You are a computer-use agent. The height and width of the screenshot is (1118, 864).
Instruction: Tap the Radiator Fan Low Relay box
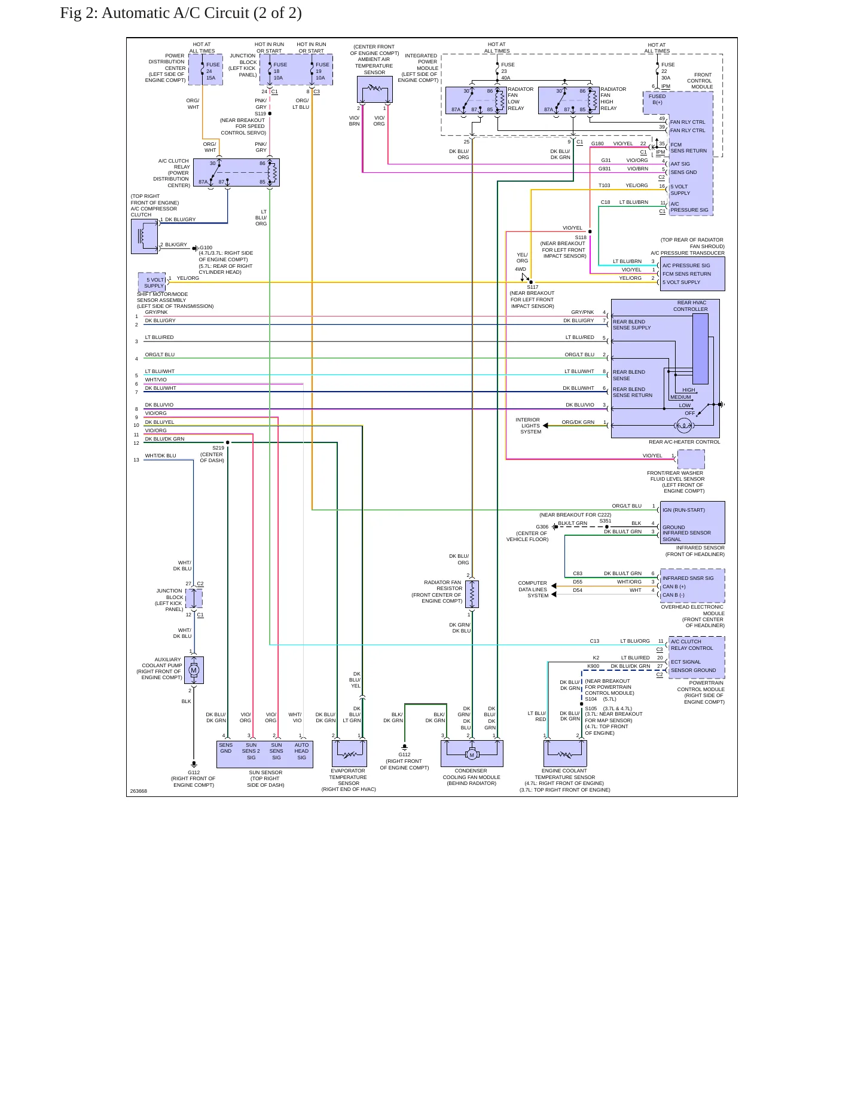pos(476,100)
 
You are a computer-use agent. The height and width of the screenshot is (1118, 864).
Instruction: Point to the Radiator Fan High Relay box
pos(569,100)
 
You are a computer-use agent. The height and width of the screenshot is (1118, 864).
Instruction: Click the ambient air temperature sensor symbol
pos(375,90)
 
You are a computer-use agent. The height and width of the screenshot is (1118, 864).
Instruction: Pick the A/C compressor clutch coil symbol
pos(144,236)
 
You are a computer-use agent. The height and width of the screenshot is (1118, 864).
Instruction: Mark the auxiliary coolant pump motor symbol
pos(194,670)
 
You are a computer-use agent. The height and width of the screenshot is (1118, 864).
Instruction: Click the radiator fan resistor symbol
pos(472,594)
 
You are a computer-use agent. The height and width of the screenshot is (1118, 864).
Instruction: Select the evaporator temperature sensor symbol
pos(349,753)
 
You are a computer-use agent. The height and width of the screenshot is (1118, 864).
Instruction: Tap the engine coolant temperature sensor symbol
pos(565,753)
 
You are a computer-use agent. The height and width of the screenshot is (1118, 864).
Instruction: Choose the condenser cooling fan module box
pos(472,753)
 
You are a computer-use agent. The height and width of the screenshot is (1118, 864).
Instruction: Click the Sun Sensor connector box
pos(265,755)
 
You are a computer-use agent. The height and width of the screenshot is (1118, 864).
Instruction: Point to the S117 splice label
pos(532,287)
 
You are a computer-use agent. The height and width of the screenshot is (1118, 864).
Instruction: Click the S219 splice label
pos(218,448)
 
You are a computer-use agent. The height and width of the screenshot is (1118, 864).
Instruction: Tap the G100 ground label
pos(206,248)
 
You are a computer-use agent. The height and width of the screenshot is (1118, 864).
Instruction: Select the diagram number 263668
pos(139,791)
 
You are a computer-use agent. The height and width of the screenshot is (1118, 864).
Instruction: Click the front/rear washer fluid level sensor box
pos(691,459)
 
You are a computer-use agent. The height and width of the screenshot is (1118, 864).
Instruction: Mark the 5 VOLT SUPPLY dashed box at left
pos(152,283)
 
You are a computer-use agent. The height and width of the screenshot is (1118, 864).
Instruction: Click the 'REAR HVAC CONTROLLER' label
pos(691,306)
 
